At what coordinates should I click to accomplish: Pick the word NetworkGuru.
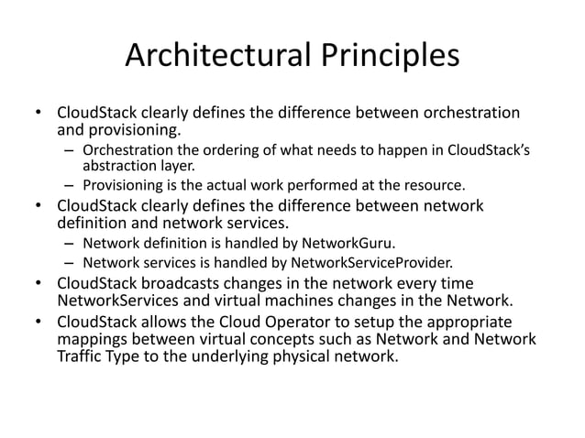349,244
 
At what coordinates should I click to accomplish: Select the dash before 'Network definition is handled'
70,244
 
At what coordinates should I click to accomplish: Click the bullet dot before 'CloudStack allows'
39,322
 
